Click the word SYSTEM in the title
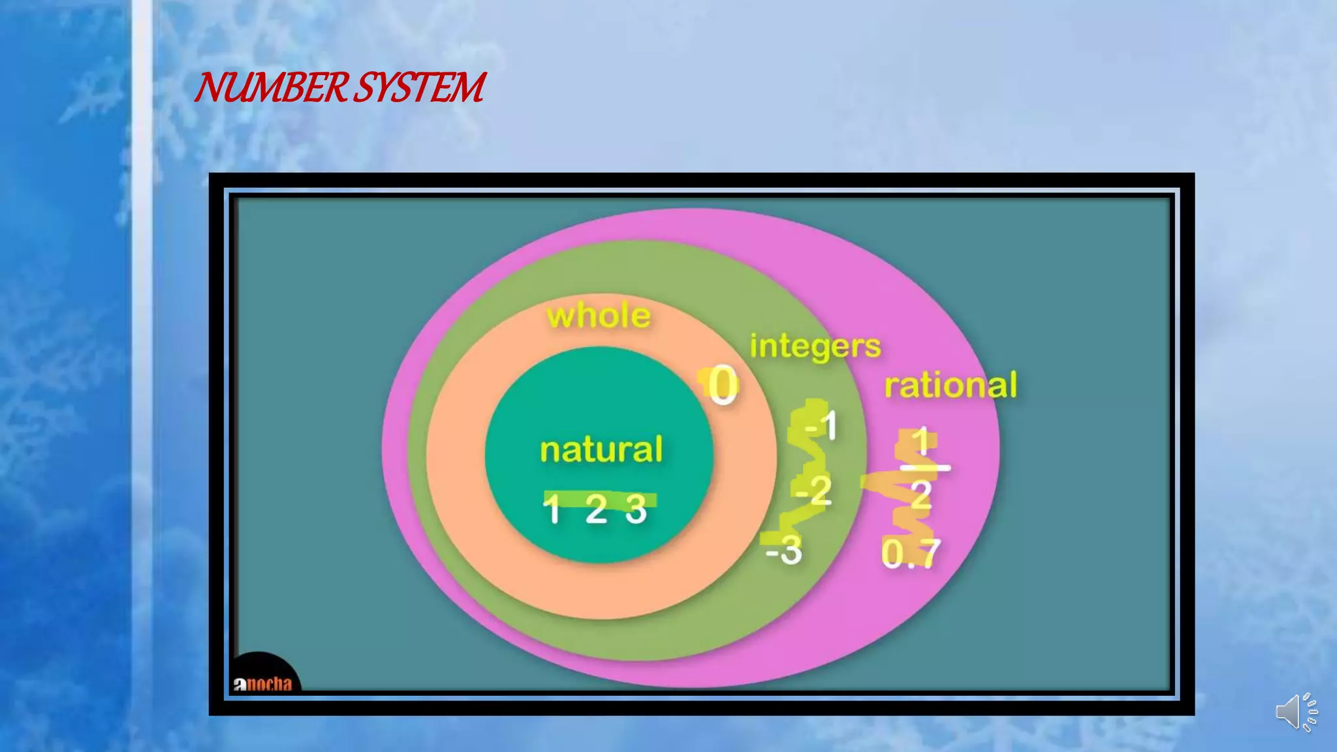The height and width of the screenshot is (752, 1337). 420,88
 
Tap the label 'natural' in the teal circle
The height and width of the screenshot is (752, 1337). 601,450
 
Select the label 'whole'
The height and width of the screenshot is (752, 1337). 599,316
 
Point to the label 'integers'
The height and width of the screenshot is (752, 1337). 815,346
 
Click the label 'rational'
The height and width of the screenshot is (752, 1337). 951,385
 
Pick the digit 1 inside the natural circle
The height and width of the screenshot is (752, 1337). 552,510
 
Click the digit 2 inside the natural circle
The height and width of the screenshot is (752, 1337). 596,509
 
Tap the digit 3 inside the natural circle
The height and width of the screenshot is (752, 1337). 636,509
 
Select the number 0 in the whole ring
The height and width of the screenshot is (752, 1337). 723,385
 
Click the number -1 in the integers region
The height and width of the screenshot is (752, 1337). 821,426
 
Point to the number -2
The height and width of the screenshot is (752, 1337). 814,491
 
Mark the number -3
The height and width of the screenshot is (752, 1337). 784,550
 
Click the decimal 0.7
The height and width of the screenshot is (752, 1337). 911,554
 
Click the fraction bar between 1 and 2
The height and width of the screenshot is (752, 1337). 924,468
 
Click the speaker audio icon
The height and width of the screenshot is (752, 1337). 1297,712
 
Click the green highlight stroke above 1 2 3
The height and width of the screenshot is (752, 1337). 599,499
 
